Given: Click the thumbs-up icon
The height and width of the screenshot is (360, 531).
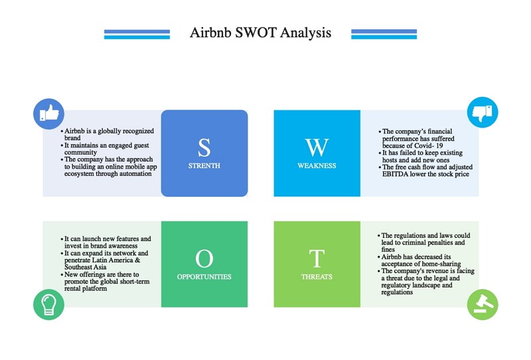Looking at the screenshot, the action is (x=48, y=114).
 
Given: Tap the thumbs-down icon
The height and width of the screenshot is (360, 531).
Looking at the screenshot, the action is (x=483, y=112).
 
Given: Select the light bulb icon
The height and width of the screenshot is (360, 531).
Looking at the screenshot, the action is (x=48, y=304).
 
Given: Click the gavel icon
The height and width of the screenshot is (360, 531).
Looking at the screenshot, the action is (x=483, y=304).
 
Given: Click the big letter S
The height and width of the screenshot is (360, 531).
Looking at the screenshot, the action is (x=204, y=147).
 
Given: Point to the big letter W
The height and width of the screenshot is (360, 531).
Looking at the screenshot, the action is (x=317, y=147).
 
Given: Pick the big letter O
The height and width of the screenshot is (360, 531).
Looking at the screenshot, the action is (x=204, y=258).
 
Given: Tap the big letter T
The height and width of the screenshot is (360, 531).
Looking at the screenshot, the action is (x=317, y=258).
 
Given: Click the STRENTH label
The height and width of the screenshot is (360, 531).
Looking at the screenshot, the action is (x=204, y=166).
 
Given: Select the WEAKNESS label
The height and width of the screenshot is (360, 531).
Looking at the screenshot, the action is (x=317, y=166).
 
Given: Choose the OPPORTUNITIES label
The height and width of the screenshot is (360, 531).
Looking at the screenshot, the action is (x=204, y=277).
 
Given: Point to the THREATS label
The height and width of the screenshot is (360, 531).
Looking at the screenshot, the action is (x=317, y=277).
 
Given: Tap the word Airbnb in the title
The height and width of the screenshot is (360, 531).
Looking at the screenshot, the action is (x=210, y=33).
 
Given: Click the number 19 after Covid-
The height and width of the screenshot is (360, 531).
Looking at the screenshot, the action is (x=439, y=145).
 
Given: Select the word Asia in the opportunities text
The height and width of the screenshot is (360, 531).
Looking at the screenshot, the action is (x=100, y=267).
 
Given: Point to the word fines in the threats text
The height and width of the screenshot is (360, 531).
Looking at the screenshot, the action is (x=388, y=250).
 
